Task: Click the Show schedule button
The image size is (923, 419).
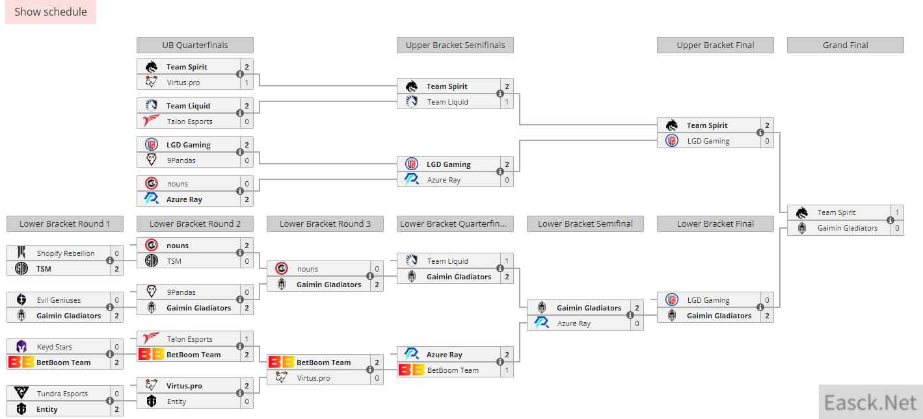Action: coord(51,12)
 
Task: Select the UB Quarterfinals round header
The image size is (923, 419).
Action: coord(194,45)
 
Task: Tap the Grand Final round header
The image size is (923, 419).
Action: coord(845,45)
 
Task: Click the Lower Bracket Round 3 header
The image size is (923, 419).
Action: coord(325,223)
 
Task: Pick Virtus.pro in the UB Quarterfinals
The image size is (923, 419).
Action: coord(183,83)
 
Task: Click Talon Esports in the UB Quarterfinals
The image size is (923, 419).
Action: coord(189,121)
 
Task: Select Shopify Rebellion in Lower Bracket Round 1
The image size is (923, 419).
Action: coord(65,253)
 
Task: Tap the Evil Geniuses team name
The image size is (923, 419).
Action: coord(59,300)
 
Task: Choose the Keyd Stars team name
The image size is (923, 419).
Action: coord(54,347)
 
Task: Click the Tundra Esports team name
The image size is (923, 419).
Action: coord(62,394)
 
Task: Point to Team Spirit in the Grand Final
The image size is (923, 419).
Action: coord(836,212)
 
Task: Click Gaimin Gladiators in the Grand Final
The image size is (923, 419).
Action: coord(847,228)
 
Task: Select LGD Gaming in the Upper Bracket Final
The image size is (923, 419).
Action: coord(708,141)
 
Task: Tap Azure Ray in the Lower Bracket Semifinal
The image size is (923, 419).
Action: coord(574,324)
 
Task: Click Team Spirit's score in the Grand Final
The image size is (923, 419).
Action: coord(897,212)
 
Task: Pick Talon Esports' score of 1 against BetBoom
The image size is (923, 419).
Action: coord(247,339)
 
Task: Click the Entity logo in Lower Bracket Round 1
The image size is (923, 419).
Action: coord(21,409)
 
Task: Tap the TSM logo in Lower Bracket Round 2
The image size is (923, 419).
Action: coord(152,261)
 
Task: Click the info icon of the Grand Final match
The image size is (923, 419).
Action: coord(890,220)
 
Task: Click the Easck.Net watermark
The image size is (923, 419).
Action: coord(870,402)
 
